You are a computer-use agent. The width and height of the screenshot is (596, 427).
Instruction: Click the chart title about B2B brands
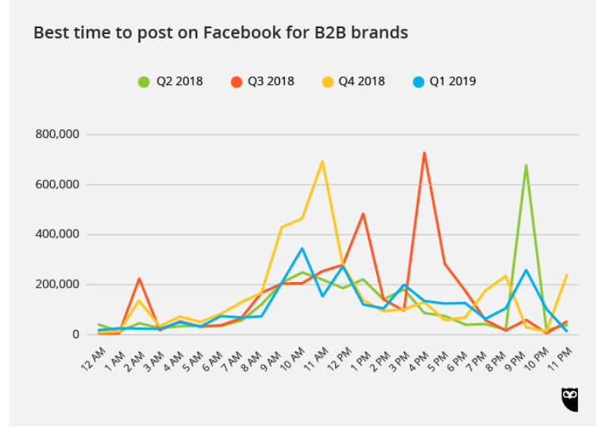tap(221, 33)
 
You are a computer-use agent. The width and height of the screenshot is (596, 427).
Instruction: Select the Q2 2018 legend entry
tap(171, 81)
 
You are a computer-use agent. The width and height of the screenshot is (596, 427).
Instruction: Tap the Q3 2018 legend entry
tap(262, 81)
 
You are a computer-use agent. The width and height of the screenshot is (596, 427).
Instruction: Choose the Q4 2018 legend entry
tap(353, 81)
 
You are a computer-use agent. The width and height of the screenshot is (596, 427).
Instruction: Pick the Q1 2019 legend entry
tap(444, 81)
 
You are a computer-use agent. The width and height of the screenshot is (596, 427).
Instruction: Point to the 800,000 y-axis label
tap(58, 134)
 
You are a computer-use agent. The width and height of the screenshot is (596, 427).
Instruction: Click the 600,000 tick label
tap(58, 184)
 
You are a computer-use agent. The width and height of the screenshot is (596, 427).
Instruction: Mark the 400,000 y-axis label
tap(58, 234)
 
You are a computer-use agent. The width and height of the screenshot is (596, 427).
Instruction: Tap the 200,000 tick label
tap(58, 284)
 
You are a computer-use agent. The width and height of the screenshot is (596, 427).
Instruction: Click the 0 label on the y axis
tap(74, 334)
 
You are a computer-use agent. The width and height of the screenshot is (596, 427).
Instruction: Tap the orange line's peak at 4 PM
tap(424, 153)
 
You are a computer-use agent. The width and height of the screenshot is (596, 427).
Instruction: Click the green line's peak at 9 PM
tap(525, 165)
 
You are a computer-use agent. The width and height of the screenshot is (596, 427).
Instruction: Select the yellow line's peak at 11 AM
tap(322, 162)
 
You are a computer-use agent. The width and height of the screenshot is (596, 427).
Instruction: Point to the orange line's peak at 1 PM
tap(363, 214)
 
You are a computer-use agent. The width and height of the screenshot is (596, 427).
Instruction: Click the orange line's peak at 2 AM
tap(139, 278)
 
